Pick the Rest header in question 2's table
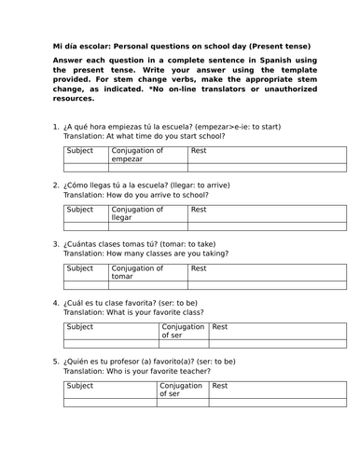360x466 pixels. pos(199,209)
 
